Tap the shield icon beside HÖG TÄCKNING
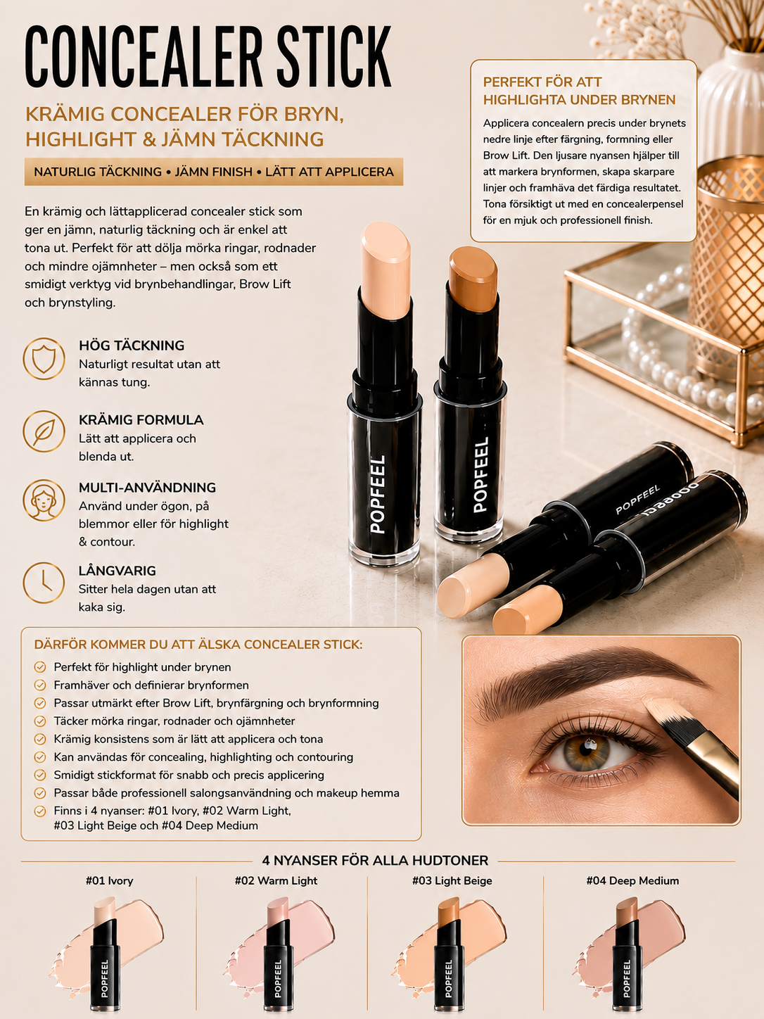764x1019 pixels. [x=44, y=358]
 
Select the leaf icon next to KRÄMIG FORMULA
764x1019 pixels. [x=44, y=431]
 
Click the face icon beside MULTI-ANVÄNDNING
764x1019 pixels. [x=44, y=500]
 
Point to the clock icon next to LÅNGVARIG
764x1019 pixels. [x=44, y=583]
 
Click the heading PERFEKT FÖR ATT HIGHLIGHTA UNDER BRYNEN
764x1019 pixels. [x=579, y=91]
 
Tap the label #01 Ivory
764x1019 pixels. [x=110, y=880]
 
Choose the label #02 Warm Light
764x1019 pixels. [x=276, y=880]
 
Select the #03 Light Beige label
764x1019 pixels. [x=452, y=880]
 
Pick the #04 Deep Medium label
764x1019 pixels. [x=632, y=880]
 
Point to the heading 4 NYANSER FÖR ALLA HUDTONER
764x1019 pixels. [x=375, y=860]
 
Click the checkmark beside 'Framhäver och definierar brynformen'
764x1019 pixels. [x=40, y=685]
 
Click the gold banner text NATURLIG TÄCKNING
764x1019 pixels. [x=98, y=172]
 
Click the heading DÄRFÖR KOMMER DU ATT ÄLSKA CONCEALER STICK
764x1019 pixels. [x=198, y=645]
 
